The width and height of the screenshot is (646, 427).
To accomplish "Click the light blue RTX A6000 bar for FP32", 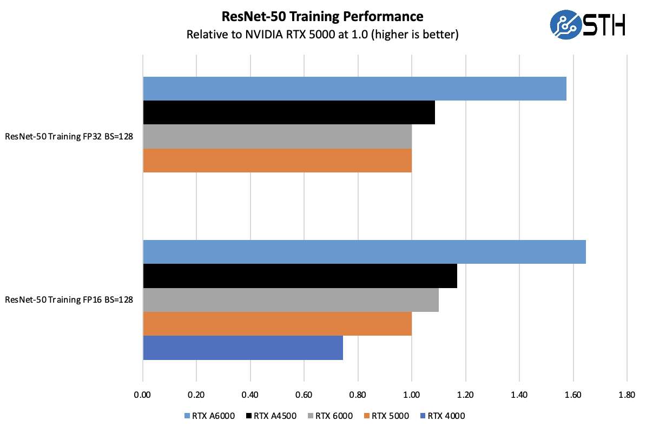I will pyautogui.click(x=354, y=89).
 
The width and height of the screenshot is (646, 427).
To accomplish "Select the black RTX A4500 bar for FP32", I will pyautogui.click(x=289, y=112).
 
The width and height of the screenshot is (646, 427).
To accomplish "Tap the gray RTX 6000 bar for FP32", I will pyautogui.click(x=277, y=136).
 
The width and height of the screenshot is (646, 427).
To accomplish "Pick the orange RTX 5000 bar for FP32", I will pyautogui.click(x=277, y=161).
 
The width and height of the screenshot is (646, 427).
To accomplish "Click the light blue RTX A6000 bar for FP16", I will pyautogui.click(x=364, y=252).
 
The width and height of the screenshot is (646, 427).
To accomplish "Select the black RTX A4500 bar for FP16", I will pyautogui.click(x=300, y=276).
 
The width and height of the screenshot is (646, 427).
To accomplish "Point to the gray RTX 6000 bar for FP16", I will pyautogui.click(x=291, y=299).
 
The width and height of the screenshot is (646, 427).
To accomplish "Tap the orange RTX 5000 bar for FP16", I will pyautogui.click(x=277, y=324).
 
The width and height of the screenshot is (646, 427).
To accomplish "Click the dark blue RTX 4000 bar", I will pyautogui.click(x=243, y=348).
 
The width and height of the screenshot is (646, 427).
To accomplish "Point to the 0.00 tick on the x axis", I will pyautogui.click(x=143, y=395).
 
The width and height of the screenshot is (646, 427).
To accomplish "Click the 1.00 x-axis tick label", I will pyautogui.click(x=412, y=395).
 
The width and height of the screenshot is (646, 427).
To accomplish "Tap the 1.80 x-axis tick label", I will pyautogui.click(x=627, y=395).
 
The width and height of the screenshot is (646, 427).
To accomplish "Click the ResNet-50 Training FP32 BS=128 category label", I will pyautogui.click(x=69, y=137).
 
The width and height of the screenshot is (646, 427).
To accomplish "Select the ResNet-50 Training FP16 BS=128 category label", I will pyautogui.click(x=69, y=299).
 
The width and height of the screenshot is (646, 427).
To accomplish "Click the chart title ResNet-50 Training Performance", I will pyautogui.click(x=322, y=17).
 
